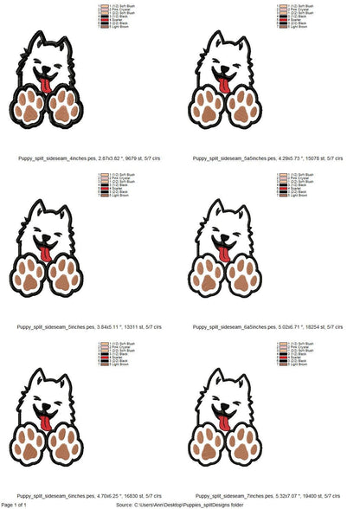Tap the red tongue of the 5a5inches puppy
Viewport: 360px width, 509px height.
[224, 85]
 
